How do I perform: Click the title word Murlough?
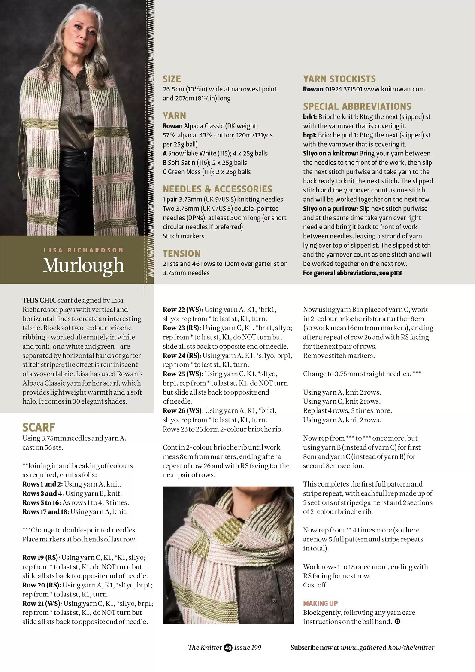tap(83, 266)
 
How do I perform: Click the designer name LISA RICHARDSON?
tap(83, 250)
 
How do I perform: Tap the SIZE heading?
tap(172, 79)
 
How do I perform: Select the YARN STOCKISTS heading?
tap(339, 79)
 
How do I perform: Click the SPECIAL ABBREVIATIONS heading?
tap(357, 106)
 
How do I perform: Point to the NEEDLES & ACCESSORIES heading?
tap(217, 189)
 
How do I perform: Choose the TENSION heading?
tap(182, 254)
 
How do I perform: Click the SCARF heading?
tap(39, 427)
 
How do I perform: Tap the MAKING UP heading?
tap(320, 603)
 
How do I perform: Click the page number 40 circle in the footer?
tap(228, 648)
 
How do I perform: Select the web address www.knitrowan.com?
tap(394, 89)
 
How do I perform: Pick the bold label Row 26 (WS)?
tap(182, 410)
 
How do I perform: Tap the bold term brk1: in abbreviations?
tap(310, 117)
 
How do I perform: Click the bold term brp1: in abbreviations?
tap(310, 135)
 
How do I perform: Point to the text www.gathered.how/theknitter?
tap(387, 648)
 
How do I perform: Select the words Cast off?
tap(315, 585)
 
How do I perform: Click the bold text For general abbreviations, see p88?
tap(352, 273)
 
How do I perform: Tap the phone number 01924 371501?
tap(343, 89)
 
